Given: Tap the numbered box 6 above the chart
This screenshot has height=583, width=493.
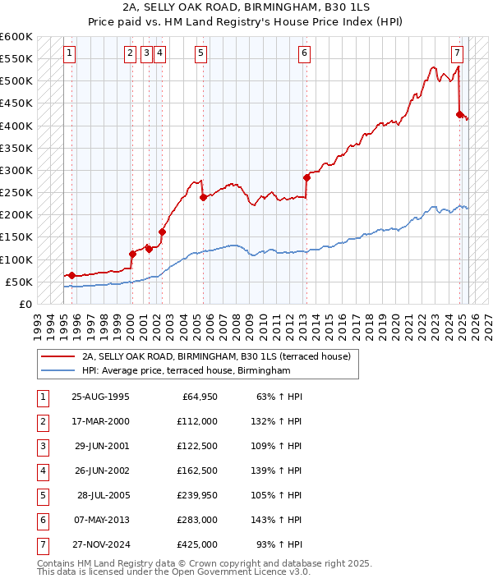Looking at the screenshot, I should click(x=304, y=54).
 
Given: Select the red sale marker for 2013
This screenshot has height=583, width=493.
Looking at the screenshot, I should click(x=306, y=177).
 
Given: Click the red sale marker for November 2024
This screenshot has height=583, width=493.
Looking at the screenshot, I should click(x=460, y=114).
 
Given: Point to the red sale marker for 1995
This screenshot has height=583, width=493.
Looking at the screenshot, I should click(x=71, y=275).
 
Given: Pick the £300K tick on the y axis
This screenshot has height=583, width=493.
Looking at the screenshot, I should click(x=18, y=170).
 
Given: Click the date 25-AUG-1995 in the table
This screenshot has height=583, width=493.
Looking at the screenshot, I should click(x=100, y=397).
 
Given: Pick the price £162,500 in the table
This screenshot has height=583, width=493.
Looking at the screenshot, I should click(x=197, y=471).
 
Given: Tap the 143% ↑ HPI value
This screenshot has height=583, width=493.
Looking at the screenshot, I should click(x=276, y=521).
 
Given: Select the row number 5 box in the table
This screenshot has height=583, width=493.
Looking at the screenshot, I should click(x=42, y=496).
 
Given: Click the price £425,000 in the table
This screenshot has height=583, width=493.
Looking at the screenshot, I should click(x=197, y=545).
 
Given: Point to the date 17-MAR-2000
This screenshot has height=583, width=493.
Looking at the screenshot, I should click(x=100, y=422).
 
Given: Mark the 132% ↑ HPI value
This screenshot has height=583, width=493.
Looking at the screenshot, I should click(x=276, y=422).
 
